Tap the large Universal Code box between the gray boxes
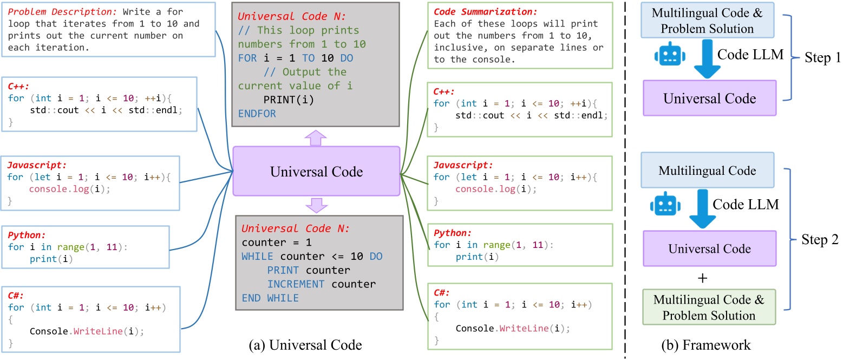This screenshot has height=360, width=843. coord(316,172)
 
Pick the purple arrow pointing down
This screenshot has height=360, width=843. coord(316,205)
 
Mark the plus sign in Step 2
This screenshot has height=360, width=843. coord(709,278)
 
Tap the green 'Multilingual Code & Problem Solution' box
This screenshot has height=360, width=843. coord(709,307)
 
